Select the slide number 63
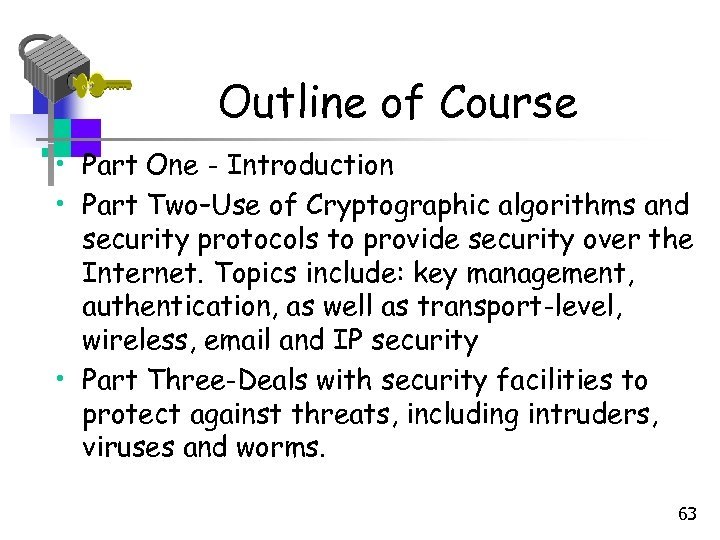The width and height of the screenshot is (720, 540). pos(687,515)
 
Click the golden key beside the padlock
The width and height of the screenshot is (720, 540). pos(103,85)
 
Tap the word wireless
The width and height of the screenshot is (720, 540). pos(139,341)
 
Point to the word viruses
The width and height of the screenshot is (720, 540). pos(129,448)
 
